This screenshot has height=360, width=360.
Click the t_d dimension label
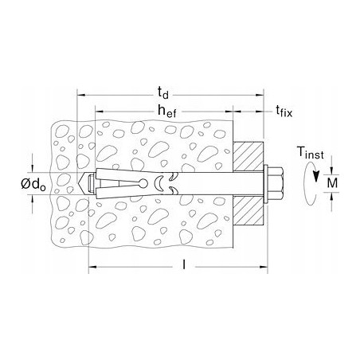(163, 93)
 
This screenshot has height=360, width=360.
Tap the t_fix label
(284, 111)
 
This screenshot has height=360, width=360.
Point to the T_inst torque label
(311, 153)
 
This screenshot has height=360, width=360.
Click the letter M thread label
(332, 183)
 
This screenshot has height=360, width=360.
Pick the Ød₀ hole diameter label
(33, 184)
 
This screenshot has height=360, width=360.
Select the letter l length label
(184, 264)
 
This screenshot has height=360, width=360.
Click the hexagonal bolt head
(276, 183)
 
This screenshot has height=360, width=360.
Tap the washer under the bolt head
(265, 183)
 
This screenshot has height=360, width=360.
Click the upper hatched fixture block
(248, 157)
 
